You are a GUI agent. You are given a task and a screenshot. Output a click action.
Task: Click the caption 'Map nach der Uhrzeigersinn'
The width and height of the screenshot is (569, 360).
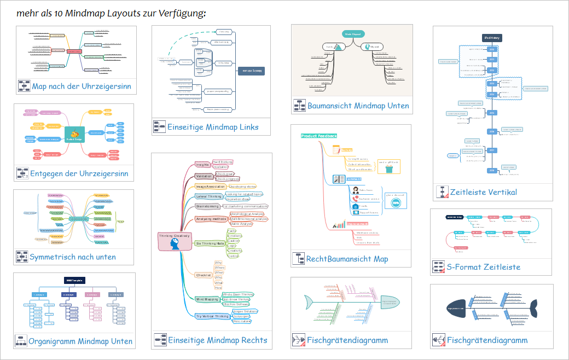[81, 86]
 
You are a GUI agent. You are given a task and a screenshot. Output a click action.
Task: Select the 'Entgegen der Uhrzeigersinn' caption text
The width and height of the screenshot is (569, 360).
[79, 174]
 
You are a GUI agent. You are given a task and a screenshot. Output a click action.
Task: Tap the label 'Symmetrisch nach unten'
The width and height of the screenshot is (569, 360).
[72, 257]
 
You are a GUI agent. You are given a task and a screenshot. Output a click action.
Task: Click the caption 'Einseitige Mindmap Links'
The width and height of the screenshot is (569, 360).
[213, 127]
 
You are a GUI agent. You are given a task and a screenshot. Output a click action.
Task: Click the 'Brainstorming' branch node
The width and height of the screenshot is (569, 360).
[208, 206]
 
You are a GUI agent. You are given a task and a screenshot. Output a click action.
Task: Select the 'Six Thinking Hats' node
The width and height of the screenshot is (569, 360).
[210, 243]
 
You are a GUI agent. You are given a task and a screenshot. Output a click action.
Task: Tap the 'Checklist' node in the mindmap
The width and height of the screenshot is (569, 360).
[204, 275]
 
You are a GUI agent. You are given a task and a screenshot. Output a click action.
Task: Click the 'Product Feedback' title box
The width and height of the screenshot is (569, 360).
[319, 136]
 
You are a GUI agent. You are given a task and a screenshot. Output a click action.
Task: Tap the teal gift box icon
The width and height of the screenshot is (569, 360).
[389, 169]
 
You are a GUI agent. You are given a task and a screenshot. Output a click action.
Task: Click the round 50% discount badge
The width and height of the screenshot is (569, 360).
[396, 203]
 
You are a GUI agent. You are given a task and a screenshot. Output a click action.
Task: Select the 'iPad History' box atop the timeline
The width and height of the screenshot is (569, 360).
[492, 38]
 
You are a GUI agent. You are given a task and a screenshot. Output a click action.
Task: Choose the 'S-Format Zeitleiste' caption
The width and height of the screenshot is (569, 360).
[483, 267]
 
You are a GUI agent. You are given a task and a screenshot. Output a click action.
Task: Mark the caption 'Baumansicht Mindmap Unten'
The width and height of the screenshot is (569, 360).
[358, 106]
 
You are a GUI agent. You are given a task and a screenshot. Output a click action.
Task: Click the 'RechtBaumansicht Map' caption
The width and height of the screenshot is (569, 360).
[347, 259]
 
